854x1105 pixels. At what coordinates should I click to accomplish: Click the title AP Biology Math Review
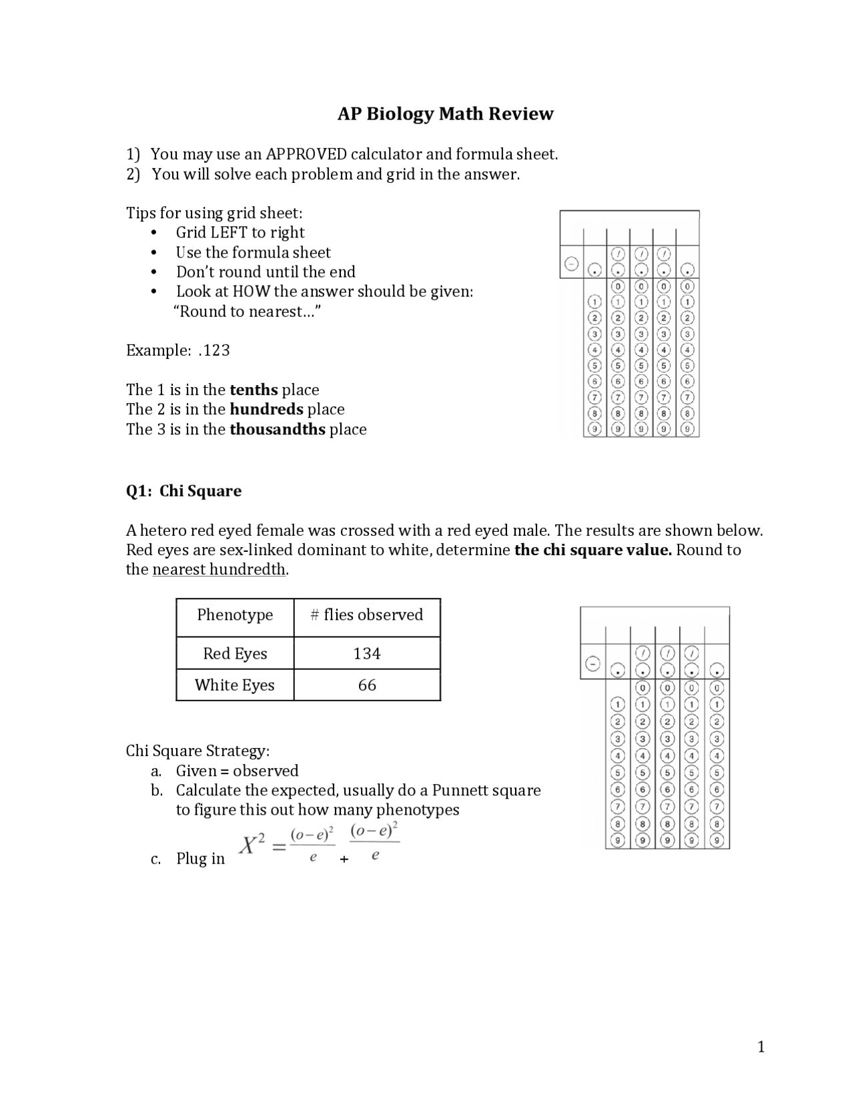[x=445, y=114]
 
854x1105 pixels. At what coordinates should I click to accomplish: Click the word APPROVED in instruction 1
[x=306, y=154]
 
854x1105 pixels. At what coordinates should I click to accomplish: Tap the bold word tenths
[x=254, y=390]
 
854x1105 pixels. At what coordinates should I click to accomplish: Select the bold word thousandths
[x=278, y=429]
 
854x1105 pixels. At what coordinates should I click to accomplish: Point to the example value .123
[x=214, y=350]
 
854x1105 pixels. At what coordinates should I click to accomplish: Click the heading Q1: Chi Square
[x=183, y=491]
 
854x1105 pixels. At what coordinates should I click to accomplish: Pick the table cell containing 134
[x=367, y=653]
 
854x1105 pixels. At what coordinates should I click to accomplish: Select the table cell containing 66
[x=367, y=685]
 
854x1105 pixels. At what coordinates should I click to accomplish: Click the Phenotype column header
[x=235, y=615]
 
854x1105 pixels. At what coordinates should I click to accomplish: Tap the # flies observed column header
[x=367, y=615]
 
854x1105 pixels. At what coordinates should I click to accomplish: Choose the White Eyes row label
[x=235, y=685]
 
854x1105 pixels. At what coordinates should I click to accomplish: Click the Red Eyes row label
[x=235, y=653]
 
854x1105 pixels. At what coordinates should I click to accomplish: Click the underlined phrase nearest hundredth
[x=220, y=570]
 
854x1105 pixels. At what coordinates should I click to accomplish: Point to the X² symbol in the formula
[x=253, y=845]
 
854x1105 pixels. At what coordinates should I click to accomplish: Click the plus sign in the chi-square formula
[x=344, y=859]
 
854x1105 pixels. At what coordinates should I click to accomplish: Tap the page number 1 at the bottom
[x=761, y=1047]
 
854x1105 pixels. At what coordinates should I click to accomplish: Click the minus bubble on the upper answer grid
[x=571, y=264]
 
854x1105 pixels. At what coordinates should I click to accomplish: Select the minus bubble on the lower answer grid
[x=592, y=664]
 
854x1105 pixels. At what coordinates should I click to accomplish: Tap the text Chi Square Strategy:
[x=197, y=751]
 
